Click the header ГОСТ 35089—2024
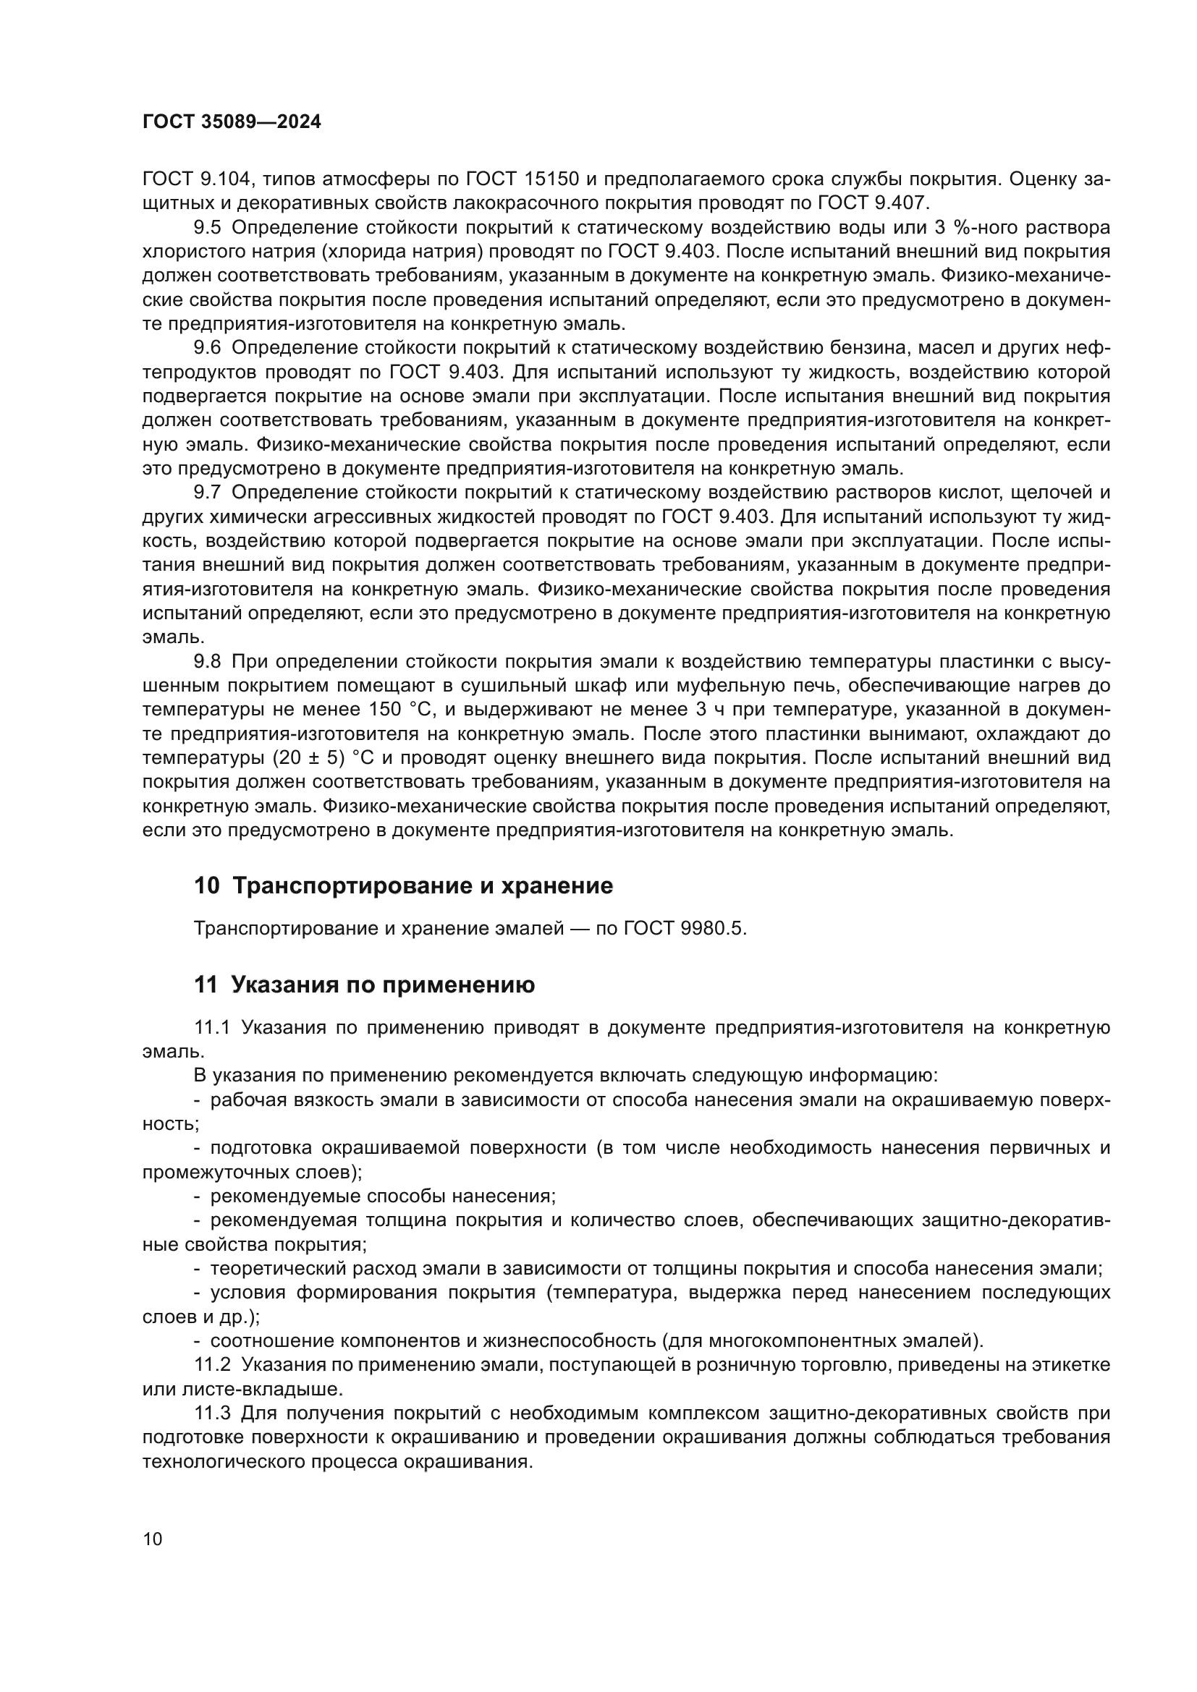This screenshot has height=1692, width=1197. [232, 122]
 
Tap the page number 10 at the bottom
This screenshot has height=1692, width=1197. [152, 1539]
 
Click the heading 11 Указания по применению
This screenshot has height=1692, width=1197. [364, 985]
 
